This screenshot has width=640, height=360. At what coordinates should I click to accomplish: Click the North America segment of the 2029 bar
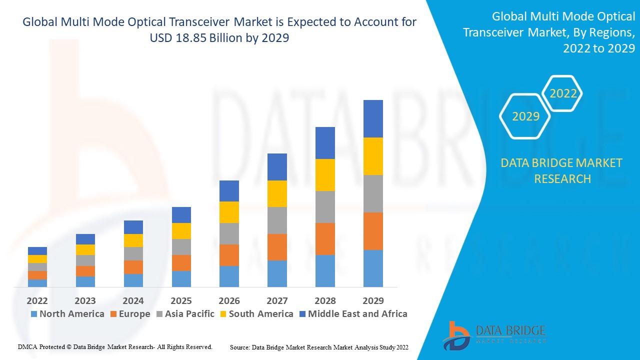point(373,268)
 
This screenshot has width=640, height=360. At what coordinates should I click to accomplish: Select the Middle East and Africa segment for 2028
point(325,143)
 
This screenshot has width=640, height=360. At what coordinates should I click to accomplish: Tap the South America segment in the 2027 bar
point(277,193)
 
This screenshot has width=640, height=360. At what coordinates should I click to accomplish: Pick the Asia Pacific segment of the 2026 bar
point(229,233)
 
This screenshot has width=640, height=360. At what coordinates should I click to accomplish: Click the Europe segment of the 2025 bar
point(181,263)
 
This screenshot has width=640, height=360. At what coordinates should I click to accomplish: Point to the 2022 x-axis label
point(37,300)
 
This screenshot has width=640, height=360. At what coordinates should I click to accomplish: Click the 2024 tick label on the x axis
point(133,300)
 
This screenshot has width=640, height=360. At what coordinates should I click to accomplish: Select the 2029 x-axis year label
point(373,300)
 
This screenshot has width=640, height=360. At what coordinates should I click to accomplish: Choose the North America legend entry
point(67,314)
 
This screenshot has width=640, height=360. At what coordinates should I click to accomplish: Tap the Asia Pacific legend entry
point(185,314)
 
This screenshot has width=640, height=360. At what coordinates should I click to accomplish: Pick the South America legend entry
point(256,314)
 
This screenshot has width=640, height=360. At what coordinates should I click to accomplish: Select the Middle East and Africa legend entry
point(353,314)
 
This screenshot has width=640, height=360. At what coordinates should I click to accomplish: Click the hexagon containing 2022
point(563,93)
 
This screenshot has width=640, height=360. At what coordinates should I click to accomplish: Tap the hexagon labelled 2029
point(525,116)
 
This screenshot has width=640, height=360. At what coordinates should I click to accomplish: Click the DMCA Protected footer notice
point(115,346)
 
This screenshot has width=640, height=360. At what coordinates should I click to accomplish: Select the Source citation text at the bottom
point(319,346)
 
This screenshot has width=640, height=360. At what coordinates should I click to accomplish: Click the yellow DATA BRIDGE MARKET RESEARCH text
point(562,170)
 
